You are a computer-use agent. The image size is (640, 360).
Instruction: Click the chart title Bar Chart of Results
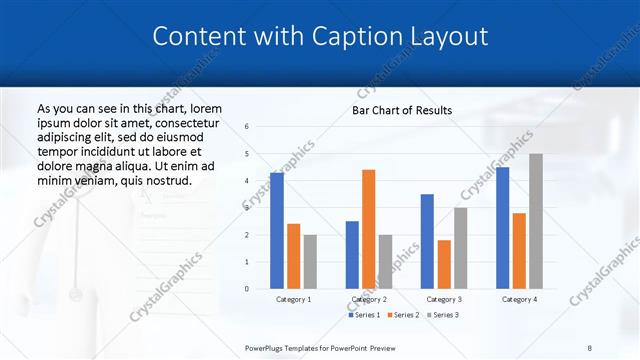click(x=401, y=110)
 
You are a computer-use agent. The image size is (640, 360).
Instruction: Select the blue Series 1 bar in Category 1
click(x=277, y=230)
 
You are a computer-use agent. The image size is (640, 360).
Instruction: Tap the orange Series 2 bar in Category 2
click(x=368, y=229)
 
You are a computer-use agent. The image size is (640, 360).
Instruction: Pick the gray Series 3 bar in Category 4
click(x=536, y=221)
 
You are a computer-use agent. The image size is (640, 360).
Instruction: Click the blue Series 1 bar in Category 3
click(x=427, y=241)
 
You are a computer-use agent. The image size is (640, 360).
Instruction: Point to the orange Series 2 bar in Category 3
click(x=444, y=264)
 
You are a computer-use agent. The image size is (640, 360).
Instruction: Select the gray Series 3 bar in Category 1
click(x=310, y=261)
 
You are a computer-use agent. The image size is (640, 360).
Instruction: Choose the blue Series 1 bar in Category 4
click(x=502, y=227)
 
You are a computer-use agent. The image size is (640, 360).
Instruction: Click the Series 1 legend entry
click(x=365, y=315)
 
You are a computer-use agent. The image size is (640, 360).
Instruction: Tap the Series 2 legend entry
click(x=404, y=315)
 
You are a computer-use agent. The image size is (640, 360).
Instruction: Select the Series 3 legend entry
click(x=443, y=315)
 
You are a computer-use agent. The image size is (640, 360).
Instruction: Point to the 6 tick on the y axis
click(x=247, y=127)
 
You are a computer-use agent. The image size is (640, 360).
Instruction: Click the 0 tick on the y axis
click(x=247, y=289)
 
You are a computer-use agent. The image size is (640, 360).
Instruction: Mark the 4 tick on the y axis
click(x=247, y=181)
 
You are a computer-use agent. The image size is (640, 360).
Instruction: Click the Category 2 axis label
click(x=368, y=299)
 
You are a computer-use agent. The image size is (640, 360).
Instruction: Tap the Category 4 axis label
click(x=518, y=299)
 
